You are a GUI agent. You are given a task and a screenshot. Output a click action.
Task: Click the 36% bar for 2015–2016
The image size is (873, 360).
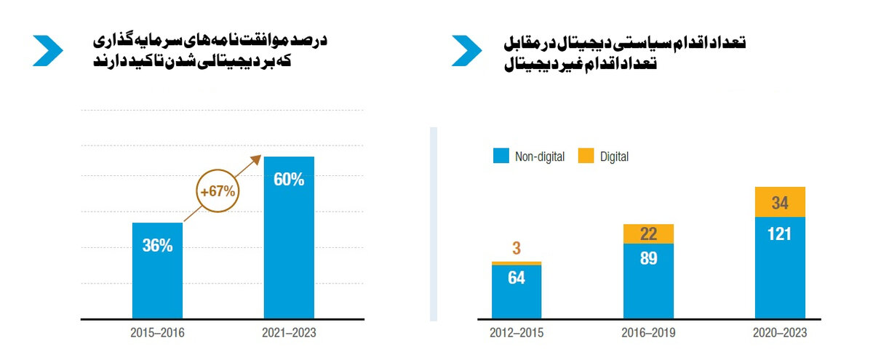click(x=157, y=271)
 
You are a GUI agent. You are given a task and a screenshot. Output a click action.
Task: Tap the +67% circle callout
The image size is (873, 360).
click(x=217, y=192)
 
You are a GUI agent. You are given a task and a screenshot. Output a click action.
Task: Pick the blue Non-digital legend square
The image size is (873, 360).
click(x=500, y=156)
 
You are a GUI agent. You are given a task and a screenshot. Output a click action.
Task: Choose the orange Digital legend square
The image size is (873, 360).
click(x=586, y=156)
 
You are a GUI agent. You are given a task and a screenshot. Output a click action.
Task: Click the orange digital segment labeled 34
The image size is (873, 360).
click(x=780, y=202)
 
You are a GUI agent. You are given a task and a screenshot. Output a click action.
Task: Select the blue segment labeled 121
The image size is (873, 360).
click(x=780, y=268)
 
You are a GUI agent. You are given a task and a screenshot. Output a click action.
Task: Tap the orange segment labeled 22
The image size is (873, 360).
click(x=648, y=233)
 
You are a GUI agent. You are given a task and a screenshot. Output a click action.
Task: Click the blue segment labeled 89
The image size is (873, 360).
click(x=648, y=281)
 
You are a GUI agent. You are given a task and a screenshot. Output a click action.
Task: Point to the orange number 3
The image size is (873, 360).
click(x=517, y=249)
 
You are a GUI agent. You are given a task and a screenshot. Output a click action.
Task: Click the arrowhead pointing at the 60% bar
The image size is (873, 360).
click(x=258, y=158)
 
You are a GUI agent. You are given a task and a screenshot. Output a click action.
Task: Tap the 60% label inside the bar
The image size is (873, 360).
click(x=289, y=179)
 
